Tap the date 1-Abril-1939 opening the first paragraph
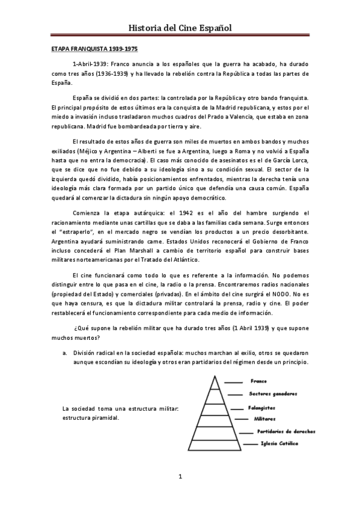(x=90, y=64)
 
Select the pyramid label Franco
(x=259, y=381)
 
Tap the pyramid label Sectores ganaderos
(x=273, y=394)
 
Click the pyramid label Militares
(x=265, y=418)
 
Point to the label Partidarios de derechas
(x=285, y=431)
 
